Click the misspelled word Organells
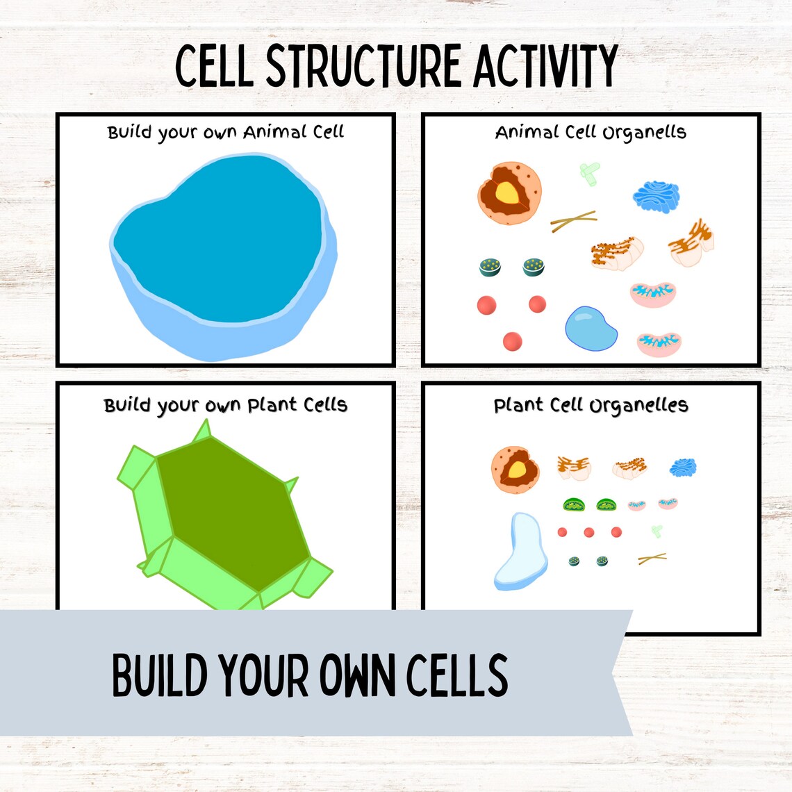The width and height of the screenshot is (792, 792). [644, 133]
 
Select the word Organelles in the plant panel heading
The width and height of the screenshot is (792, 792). [639, 406]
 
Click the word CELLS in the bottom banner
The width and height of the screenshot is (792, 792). [456, 675]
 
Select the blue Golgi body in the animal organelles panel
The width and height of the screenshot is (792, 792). [655, 197]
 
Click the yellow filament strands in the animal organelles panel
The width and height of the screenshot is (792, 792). [573, 221]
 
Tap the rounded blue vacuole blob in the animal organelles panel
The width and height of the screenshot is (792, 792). [591, 329]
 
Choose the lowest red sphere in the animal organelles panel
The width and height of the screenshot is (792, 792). [512, 341]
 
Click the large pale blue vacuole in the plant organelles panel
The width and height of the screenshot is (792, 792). [520, 551]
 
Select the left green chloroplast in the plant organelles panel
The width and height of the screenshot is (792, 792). [574, 505]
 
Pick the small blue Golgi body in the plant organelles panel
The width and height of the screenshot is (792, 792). [682, 468]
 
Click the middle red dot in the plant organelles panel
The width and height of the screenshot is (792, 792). [589, 532]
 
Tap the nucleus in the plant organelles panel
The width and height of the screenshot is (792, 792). [515, 470]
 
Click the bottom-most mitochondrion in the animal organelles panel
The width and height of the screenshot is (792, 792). [659, 343]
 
